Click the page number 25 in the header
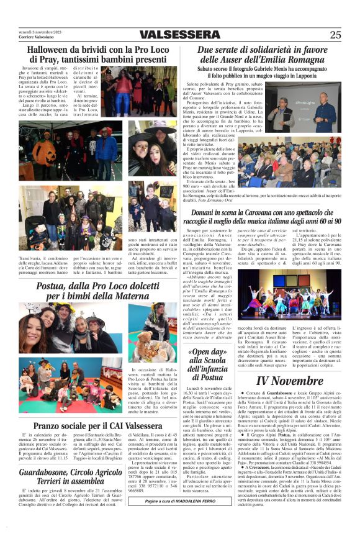coord(335,35)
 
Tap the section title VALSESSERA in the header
coord(178,35)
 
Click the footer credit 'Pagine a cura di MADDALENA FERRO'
coord(180,518)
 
